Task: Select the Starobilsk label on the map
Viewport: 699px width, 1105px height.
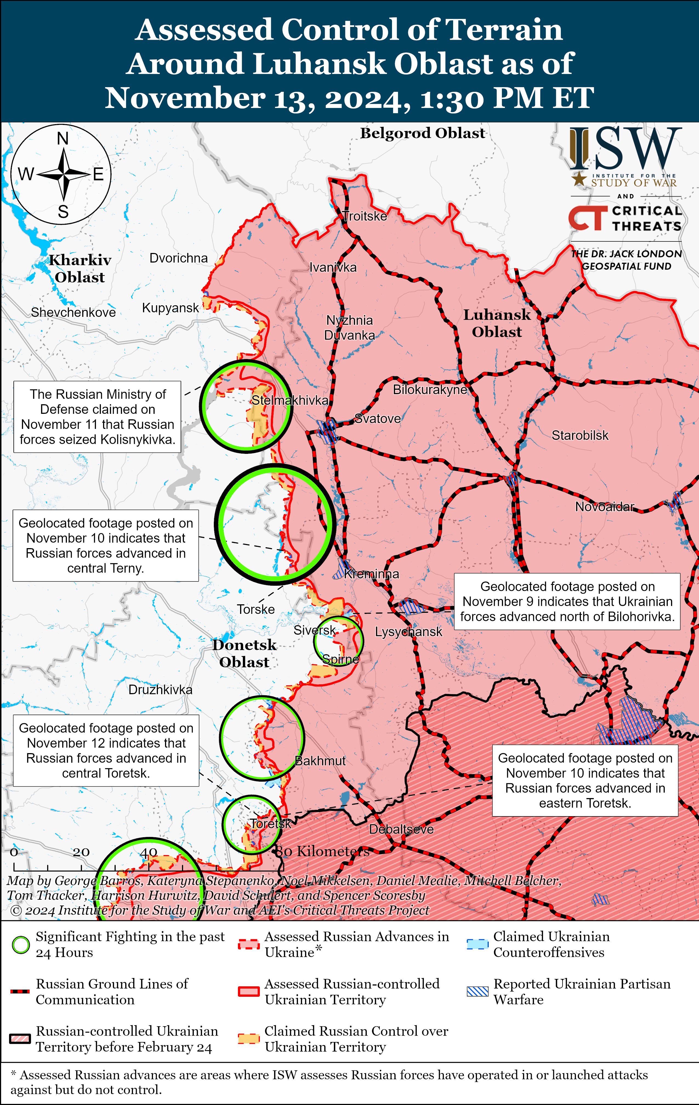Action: pos(580,435)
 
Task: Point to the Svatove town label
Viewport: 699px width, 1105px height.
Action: pos(378,418)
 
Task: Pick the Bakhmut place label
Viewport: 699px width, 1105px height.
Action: pos(320,761)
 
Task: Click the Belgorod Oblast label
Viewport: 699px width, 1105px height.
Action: pos(422,133)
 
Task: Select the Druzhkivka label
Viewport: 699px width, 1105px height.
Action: pos(160,690)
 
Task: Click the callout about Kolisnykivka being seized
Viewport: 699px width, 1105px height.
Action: pos(97,417)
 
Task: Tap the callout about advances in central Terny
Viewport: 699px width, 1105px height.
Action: pos(106,546)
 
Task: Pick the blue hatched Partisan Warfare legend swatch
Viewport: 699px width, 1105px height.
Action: pos(477,991)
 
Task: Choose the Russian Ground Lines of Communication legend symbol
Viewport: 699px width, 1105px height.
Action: pos(20,992)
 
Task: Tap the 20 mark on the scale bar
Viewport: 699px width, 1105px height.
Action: pos(81,852)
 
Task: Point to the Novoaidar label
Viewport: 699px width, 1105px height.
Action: pos(604,507)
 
